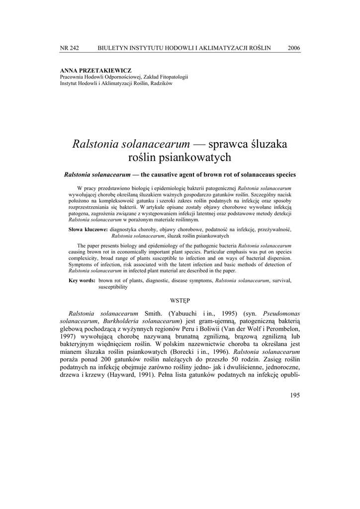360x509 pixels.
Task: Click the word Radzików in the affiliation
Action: pos(161,84)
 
